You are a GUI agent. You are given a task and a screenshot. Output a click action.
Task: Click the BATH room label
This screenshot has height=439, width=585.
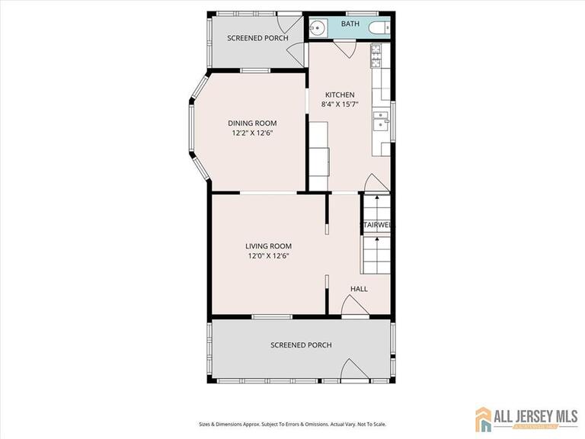click(350, 24)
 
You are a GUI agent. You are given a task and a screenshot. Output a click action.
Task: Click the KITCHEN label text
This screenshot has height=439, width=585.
click(339, 95)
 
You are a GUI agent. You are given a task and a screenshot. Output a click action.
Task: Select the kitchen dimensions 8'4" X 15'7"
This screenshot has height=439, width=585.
click(339, 104)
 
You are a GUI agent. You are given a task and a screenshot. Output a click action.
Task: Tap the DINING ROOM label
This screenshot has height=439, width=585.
click(252, 123)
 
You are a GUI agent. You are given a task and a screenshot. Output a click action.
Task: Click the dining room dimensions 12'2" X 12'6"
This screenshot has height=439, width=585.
click(252, 133)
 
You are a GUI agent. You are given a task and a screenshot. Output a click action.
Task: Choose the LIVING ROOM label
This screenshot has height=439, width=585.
click(268, 246)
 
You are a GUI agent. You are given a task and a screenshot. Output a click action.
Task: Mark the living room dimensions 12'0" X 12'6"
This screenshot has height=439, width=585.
click(268, 256)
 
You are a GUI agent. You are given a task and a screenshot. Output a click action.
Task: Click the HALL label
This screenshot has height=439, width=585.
click(359, 289)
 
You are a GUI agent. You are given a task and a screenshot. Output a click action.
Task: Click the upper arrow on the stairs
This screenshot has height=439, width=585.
click(376, 200)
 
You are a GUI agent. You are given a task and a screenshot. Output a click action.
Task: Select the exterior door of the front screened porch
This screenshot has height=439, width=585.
click(353, 371)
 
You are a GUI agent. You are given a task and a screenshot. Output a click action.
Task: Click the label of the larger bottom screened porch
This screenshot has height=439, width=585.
click(301, 345)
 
